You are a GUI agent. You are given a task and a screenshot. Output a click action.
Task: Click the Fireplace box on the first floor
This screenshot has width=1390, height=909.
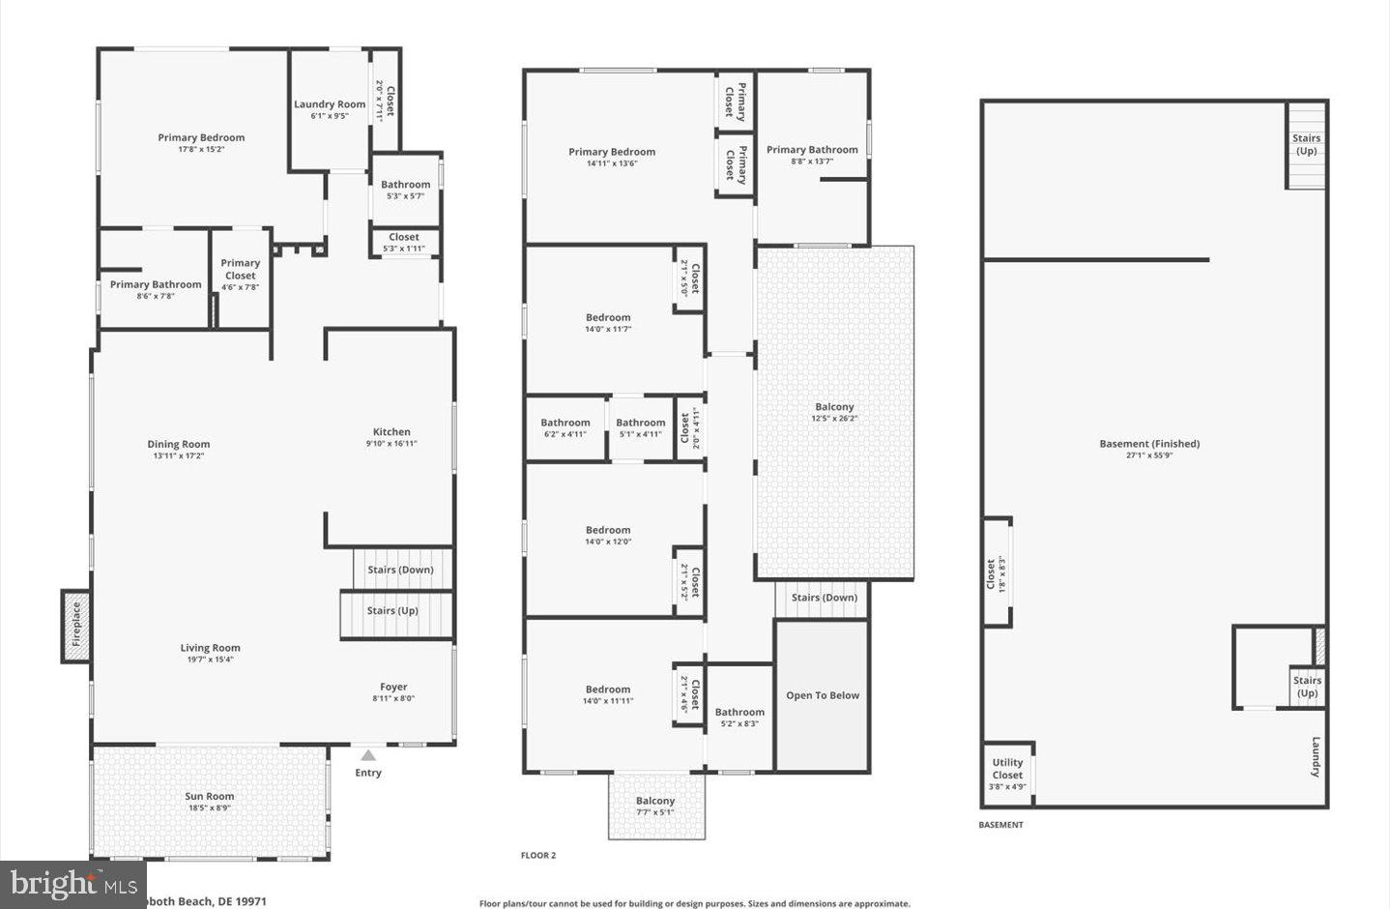coord(76,626)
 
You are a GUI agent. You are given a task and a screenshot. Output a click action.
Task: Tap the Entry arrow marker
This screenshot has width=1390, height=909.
coord(367,755)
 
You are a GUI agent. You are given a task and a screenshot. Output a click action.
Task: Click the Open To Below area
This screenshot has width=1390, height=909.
coord(823,695)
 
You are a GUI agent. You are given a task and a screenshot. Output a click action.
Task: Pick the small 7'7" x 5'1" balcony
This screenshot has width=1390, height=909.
coord(655,806)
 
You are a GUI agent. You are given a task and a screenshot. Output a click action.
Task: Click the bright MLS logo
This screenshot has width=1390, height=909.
coord(73,884)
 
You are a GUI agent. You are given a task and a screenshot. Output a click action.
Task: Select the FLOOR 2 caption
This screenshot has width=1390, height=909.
coord(538,855)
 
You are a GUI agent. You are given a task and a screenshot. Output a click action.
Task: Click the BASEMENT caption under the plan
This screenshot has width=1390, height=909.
coord(1000,825)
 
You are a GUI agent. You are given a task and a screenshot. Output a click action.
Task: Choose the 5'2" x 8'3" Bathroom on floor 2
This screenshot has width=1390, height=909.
coord(739,717)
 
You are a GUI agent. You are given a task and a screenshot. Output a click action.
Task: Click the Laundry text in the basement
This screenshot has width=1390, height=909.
coord(1316,757)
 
